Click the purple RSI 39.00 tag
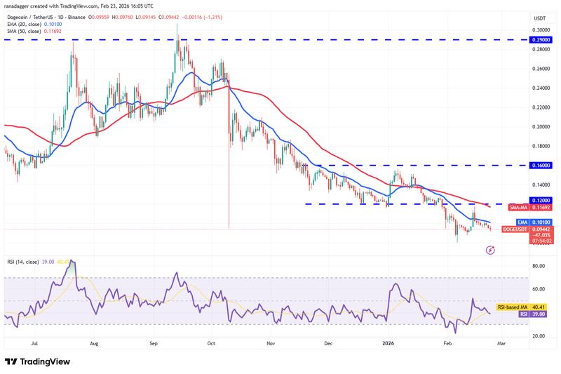(520, 315)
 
